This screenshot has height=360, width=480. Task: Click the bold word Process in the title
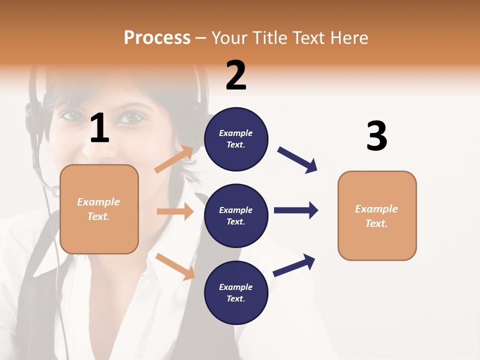point(157,38)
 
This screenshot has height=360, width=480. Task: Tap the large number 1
point(99,128)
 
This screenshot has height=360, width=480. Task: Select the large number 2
point(236,75)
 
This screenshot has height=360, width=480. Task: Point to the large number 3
point(376,136)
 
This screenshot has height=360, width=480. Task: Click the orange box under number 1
point(99,209)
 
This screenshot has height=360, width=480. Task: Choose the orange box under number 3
point(377,215)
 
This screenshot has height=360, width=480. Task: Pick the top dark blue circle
point(236,139)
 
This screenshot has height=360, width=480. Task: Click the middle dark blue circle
point(236,215)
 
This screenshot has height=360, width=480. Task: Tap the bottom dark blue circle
point(236,292)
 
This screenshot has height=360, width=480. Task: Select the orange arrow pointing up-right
point(174,159)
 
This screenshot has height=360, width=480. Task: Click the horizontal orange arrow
point(175,211)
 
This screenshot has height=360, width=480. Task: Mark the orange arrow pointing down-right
point(175,266)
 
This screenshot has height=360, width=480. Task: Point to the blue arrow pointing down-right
point(297,160)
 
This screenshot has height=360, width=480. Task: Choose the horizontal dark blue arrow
point(296,210)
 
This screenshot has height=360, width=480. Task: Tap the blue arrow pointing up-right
point(294,265)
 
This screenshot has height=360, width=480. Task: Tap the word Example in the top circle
point(236,133)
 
